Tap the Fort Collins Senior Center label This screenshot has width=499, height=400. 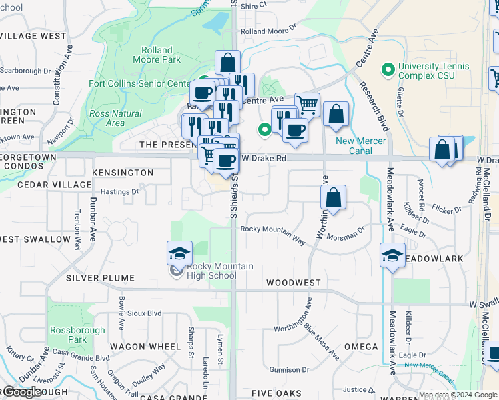140,84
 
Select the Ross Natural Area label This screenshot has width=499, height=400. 115,118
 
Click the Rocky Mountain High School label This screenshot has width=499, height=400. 211,271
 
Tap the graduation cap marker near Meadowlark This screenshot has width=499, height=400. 392,256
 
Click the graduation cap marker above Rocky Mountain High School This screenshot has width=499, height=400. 179,254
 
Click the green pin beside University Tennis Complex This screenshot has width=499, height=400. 386,69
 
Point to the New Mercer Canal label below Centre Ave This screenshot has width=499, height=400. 353,145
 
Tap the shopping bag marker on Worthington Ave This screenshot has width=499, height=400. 333,198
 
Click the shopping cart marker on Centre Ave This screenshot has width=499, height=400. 307,105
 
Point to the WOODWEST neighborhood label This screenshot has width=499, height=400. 294,283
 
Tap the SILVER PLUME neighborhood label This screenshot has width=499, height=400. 100,278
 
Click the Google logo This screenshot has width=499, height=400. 21,392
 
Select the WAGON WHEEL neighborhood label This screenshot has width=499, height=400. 145,347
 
